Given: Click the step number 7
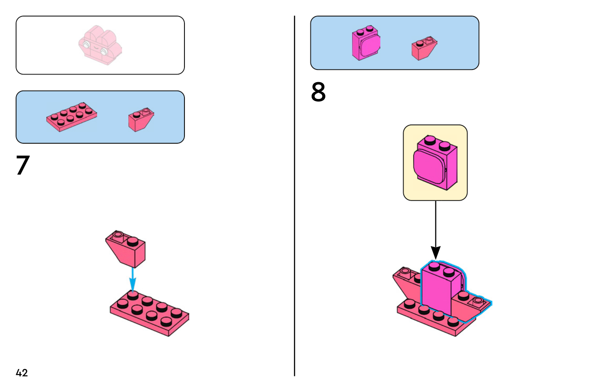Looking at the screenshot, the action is point(23,165).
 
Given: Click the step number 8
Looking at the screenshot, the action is point(318,92).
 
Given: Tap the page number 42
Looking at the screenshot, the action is point(22,373).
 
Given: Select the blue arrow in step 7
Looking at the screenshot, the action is point(133,279).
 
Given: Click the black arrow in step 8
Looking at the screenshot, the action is point(435,229).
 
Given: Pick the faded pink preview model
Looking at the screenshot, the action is point(100,45).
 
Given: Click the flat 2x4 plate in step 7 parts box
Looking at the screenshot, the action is point(71,117).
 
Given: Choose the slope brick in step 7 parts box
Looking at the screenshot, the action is point(141,120).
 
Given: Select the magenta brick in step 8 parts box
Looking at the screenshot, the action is point(366,43).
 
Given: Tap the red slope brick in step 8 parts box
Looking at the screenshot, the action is point(423,49).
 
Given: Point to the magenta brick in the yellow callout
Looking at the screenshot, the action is point(435,163).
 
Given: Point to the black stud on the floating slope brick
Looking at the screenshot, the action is point(133,241).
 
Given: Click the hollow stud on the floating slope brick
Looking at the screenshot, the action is point(118,234).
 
